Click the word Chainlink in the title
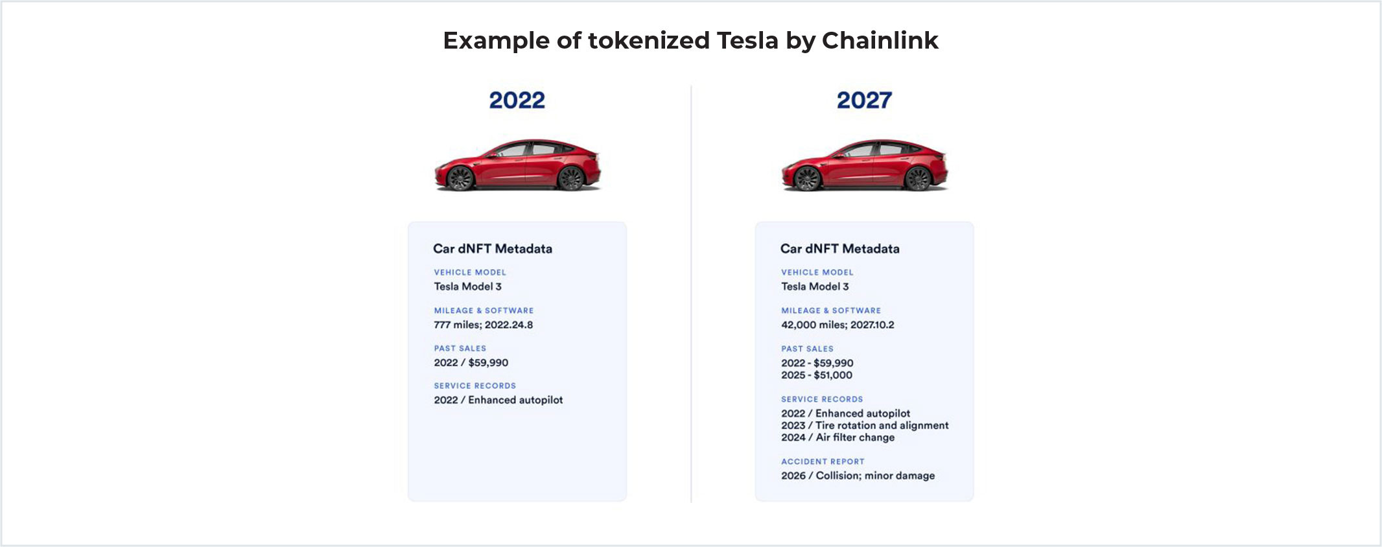[880, 40]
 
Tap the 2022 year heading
[517, 100]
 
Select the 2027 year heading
[864, 100]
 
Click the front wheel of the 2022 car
[460, 178]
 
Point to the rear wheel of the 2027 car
[918, 178]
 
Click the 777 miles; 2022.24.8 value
[484, 325]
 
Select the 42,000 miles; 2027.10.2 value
[837, 325]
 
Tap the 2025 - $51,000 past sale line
[817, 375]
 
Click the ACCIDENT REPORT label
[823, 461]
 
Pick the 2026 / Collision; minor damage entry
[858, 476]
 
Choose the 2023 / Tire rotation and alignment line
[865, 425]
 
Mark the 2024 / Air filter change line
[837, 437]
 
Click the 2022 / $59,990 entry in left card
[471, 363]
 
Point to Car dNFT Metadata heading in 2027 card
[840, 249]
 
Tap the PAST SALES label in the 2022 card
[460, 349]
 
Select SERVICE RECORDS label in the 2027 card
[822, 399]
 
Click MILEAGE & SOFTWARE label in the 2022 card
[484, 310]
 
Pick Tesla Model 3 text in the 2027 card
[815, 286]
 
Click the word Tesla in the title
[747, 40]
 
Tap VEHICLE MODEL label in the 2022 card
[470, 272]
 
